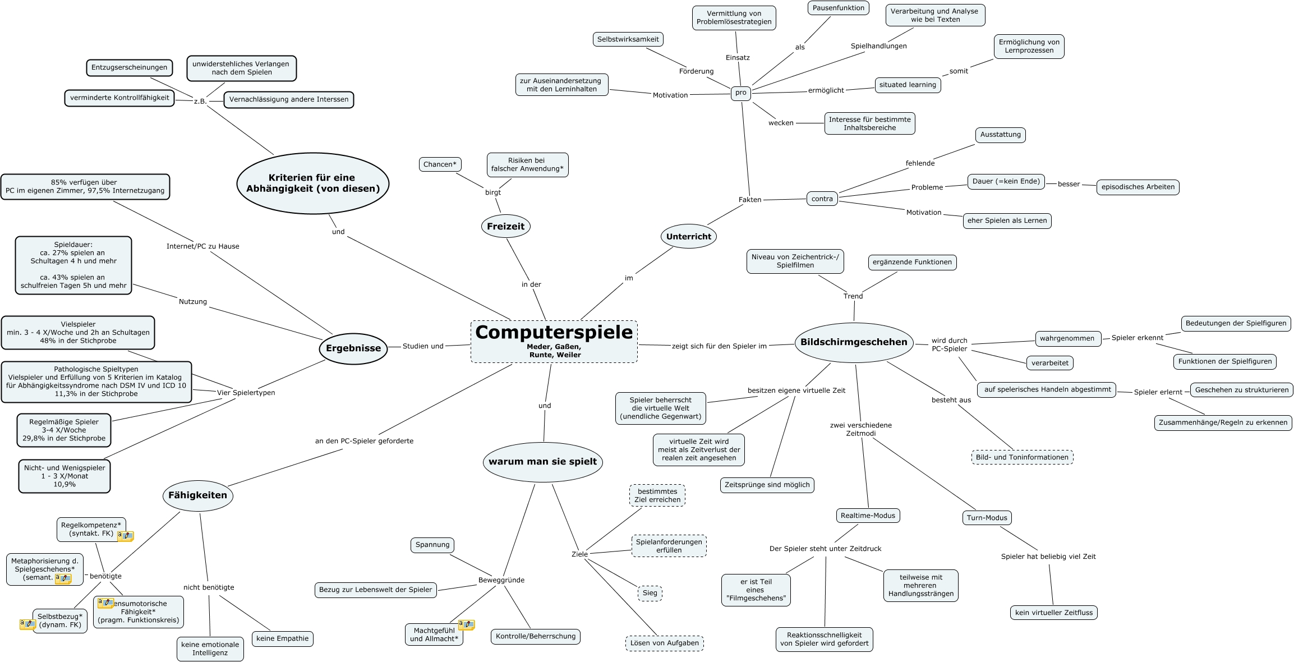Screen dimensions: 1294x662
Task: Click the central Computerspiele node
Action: (x=554, y=342)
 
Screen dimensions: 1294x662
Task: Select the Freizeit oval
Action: (x=505, y=226)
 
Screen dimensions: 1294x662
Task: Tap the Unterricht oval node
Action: (x=689, y=236)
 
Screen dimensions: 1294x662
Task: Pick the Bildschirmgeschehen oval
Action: (x=854, y=342)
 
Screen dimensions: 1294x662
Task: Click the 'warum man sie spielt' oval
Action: (x=543, y=462)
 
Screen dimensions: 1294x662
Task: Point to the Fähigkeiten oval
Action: (x=197, y=495)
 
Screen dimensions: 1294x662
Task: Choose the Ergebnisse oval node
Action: (x=353, y=348)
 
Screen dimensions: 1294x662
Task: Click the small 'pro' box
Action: (x=741, y=93)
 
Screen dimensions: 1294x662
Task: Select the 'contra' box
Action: (x=822, y=199)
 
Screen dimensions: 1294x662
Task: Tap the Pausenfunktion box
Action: (x=839, y=8)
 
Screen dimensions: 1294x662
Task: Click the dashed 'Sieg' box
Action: (x=650, y=593)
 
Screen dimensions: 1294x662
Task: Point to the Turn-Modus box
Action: (x=987, y=518)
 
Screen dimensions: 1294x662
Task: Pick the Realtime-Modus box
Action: (x=868, y=516)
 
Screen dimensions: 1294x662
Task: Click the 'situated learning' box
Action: (x=908, y=85)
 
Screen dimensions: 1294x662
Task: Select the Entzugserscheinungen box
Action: (x=130, y=67)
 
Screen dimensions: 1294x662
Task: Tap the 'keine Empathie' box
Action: (x=283, y=638)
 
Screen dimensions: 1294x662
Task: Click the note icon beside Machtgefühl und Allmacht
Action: (x=467, y=624)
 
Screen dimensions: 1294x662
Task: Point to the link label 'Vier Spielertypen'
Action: (x=246, y=393)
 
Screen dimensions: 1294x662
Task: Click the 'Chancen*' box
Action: (x=440, y=164)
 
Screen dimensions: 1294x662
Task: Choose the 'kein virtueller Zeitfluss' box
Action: (x=1054, y=613)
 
